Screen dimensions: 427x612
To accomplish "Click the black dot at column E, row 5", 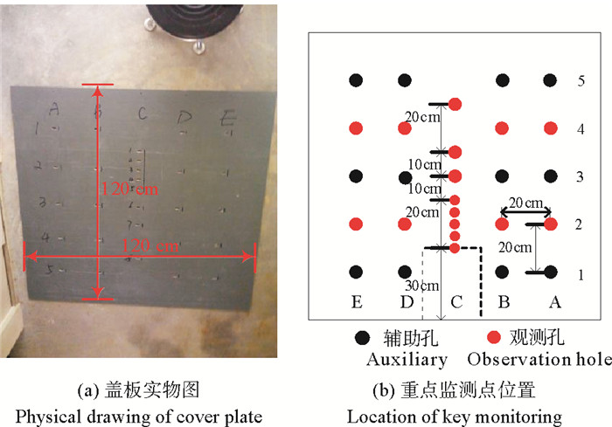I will pos(356,80).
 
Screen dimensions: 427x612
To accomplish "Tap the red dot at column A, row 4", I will pos(550,128).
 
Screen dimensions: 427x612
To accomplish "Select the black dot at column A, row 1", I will pos(550,272).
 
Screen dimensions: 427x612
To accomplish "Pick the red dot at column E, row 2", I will pos(356,224).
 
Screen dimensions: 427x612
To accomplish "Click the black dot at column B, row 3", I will pos(502,176).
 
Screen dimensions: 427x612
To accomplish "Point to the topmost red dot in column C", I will pos(455,105).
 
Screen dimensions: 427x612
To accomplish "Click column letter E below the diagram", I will pos(356,302).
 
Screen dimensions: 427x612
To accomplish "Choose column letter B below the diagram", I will pos(503,302).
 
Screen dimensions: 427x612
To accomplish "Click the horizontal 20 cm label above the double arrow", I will pos(525,203).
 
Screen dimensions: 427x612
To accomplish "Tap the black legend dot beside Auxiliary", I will pos(361,337).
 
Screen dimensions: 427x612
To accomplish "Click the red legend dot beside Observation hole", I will pos(493,337).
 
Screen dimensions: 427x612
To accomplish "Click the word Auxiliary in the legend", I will pos(407,359).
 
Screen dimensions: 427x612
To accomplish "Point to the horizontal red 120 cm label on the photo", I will pos(150,246).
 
